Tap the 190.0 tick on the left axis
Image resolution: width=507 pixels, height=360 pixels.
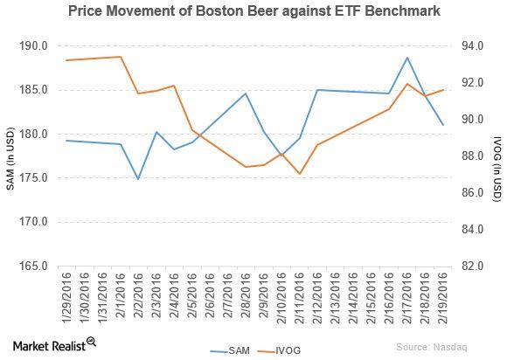[43, 45]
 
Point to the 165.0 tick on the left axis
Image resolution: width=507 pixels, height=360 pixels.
[43, 266]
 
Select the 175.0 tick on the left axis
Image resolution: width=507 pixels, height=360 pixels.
[43, 178]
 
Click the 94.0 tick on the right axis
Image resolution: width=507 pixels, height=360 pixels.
[469, 45]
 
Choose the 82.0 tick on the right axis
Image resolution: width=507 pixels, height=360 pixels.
[469, 266]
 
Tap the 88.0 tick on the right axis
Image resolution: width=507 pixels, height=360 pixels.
[469, 156]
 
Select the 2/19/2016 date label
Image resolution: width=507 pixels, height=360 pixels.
[443, 295]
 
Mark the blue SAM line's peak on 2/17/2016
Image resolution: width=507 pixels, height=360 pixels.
[407, 58]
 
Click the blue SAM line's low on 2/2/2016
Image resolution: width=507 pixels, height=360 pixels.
[138, 179]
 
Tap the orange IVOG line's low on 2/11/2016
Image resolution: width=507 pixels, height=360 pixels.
[300, 174]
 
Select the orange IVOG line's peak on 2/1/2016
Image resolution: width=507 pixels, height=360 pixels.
[121, 57]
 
